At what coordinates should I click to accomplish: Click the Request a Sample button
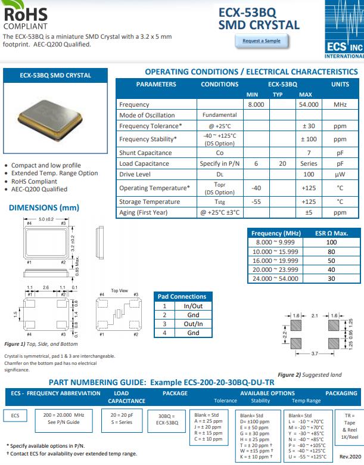262,41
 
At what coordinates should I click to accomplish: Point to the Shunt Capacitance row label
145,153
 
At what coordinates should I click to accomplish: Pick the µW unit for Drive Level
340,174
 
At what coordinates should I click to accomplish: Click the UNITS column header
340,84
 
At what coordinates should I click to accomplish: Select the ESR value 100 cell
331,243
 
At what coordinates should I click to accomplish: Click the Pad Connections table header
181,296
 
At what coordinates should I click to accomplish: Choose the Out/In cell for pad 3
193,324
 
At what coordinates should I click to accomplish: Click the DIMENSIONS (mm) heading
44,207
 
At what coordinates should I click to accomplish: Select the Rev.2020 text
349,456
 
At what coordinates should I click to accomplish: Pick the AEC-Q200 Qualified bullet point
39,189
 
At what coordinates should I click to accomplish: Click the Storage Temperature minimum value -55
256,201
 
